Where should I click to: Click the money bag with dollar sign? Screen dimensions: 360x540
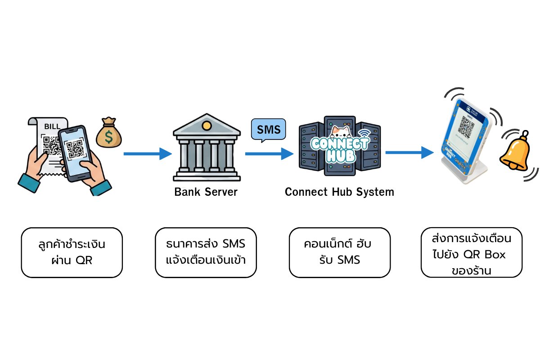pyautogui.click(x=108, y=134)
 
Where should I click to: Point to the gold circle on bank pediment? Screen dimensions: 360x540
pyautogui.click(x=206, y=125)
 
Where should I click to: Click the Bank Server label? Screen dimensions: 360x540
pyautogui.click(x=206, y=192)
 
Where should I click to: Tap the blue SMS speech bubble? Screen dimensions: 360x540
pyautogui.click(x=268, y=130)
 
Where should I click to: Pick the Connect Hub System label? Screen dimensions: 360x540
pyautogui.click(x=339, y=192)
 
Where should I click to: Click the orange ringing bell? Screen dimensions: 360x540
pyautogui.click(x=514, y=153)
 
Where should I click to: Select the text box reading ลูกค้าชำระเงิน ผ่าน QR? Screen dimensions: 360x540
pyautogui.click(x=72, y=252)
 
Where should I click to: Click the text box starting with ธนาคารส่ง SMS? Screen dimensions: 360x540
pyautogui.click(x=206, y=252)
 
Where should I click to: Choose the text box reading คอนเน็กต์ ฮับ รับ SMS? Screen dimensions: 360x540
pyautogui.click(x=339, y=252)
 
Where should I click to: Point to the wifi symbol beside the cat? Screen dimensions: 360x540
pyautogui.click(x=363, y=134)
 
